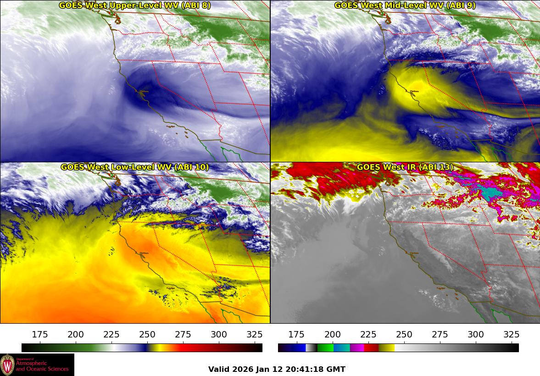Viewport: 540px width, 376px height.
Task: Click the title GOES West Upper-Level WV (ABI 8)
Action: point(135,6)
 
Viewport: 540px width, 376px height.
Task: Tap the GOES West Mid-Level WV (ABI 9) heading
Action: point(405,6)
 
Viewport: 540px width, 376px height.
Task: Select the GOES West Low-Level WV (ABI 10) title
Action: point(135,167)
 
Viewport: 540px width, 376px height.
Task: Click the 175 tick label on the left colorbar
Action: point(40,335)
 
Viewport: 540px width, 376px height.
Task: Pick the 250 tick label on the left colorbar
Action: point(147,335)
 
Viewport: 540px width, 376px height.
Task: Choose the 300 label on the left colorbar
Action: point(219,335)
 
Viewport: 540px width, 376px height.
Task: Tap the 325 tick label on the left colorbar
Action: point(255,335)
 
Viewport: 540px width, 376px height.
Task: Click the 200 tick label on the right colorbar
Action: point(332,335)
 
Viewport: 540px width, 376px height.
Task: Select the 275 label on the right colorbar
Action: point(440,335)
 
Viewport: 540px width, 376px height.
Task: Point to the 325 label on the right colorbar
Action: point(511,335)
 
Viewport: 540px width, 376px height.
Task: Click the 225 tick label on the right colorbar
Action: point(368,335)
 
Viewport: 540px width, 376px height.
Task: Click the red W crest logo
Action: point(7,365)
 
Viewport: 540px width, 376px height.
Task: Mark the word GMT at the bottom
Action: point(336,370)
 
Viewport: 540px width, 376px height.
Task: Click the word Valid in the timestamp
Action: point(219,370)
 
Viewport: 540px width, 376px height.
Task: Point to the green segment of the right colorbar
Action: point(325,348)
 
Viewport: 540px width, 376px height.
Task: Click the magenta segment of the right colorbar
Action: point(356,348)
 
